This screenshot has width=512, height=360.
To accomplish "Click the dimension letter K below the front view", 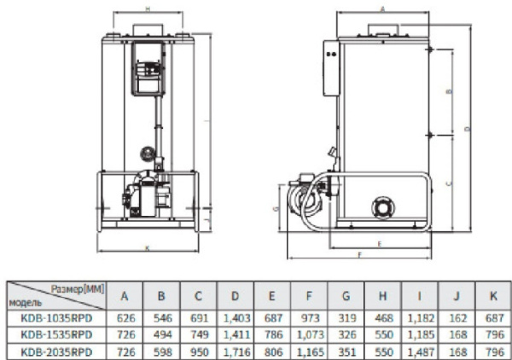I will tap(148, 248).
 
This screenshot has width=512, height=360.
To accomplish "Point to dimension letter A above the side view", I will tap(381, 7).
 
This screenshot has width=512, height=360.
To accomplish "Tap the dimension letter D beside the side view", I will tap(467, 128).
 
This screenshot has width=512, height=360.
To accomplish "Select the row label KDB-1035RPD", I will tap(56, 316).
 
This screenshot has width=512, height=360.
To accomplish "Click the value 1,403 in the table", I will tap(236, 316).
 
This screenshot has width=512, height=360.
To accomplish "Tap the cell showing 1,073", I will tap(310, 333).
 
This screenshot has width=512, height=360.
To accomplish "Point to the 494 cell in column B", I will tap(161, 333).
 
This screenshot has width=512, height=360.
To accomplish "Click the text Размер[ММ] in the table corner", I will tap(78, 290).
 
